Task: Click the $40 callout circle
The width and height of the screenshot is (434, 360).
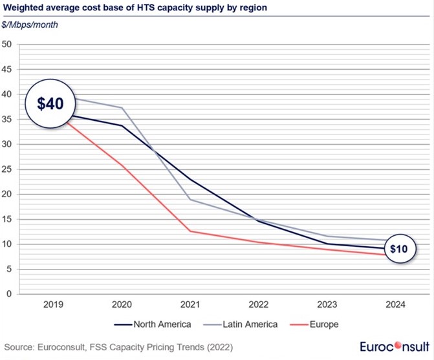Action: (49, 103)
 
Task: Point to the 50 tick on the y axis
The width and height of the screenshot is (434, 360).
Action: (8, 45)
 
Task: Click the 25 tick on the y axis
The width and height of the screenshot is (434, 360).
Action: (8, 169)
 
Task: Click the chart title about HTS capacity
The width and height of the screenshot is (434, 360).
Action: (133, 8)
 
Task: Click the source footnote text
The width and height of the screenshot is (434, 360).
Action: (119, 347)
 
